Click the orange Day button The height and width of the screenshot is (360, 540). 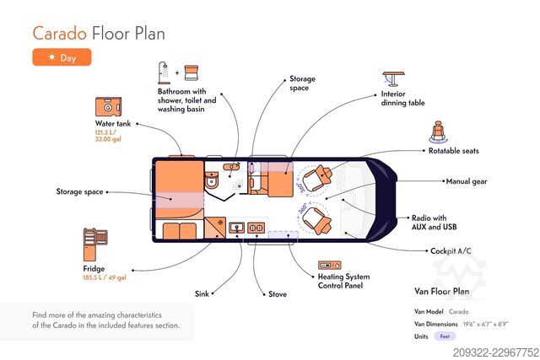click(x=62, y=57)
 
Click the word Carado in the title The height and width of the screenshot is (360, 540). click(x=60, y=34)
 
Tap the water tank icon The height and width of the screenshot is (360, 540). click(x=108, y=107)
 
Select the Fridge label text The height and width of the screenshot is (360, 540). click(x=94, y=268)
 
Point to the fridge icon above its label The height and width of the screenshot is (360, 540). click(x=95, y=244)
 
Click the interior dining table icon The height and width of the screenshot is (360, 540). click(x=393, y=78)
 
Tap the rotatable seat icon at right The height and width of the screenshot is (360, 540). click(x=438, y=132)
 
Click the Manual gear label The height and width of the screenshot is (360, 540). click(x=467, y=181)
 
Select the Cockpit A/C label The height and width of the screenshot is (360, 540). click(x=451, y=251)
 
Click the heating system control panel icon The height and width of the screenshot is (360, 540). click(x=330, y=266)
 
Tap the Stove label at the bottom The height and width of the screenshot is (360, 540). click(x=278, y=294)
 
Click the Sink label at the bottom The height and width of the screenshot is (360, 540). click(x=202, y=293)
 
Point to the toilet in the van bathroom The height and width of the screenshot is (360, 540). click(x=211, y=180)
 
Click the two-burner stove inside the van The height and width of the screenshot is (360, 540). click(x=256, y=228)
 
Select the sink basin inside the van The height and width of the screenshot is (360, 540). click(x=236, y=227)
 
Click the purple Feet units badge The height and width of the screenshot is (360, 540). click(x=445, y=336)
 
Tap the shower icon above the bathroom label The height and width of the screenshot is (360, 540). click(x=164, y=73)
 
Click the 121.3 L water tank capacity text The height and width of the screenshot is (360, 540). click(x=105, y=132)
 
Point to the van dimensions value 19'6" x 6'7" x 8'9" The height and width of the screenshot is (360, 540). click(x=485, y=324)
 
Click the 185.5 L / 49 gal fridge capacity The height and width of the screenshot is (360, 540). click(x=105, y=277)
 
